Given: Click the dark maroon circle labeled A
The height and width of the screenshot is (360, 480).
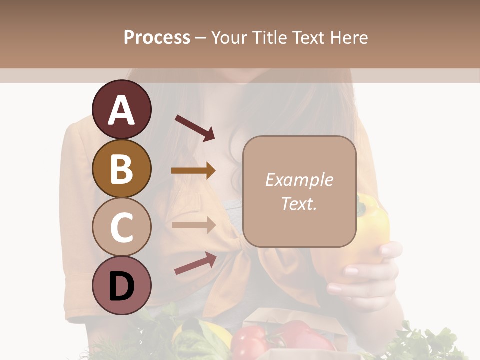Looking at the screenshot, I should [x=122, y=110].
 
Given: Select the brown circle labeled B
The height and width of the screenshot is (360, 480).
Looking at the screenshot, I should [x=122, y=168].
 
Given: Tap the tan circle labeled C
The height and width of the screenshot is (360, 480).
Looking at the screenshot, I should [x=122, y=227].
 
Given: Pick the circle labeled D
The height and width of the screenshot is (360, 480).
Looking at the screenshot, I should [x=122, y=285].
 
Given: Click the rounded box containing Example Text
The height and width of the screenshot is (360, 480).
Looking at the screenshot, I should [x=299, y=191].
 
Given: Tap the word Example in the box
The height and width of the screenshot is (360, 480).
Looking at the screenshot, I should [x=299, y=180].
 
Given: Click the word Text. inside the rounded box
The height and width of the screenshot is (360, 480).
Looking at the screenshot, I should [x=299, y=203].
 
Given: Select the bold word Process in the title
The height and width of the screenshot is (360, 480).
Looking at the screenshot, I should [x=157, y=37].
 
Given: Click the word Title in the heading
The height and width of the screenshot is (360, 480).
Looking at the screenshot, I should [x=270, y=37].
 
